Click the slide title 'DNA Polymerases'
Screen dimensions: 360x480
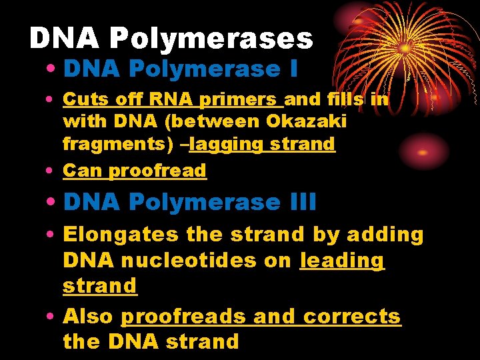(x=171, y=39)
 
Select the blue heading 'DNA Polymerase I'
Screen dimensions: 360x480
(x=181, y=69)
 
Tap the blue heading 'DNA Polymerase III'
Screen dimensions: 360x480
(x=190, y=201)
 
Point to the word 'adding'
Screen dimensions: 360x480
(x=390, y=235)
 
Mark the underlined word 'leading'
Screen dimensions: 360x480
(x=343, y=261)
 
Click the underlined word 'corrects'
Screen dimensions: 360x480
(x=353, y=316)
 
